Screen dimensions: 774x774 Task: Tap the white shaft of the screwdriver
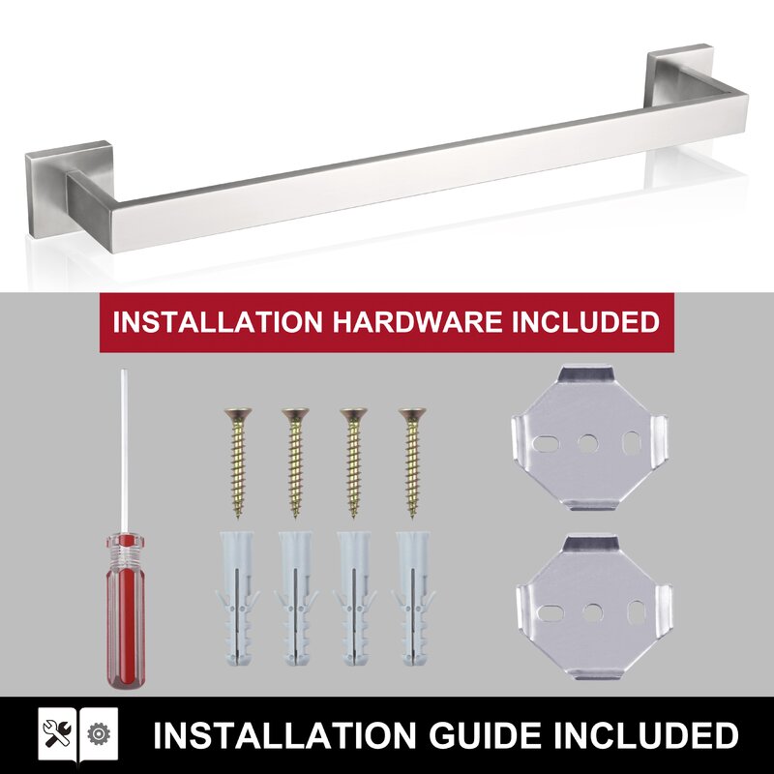click(x=125, y=451)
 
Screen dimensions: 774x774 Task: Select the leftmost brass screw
click(x=238, y=462)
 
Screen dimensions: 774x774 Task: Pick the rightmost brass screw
click(x=413, y=462)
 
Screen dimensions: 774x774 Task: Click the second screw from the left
click(x=296, y=462)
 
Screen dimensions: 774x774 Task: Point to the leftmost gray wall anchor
click(x=237, y=599)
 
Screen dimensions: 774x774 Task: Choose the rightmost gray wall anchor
click(x=413, y=599)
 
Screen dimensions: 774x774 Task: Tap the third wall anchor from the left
click(x=355, y=599)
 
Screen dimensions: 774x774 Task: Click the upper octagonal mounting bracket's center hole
click(x=587, y=443)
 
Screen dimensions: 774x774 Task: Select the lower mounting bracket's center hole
click(x=592, y=612)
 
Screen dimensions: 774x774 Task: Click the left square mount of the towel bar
click(x=69, y=193)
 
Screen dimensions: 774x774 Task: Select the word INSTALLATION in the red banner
click(x=218, y=322)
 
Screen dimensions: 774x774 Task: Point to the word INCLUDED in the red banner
click(x=585, y=322)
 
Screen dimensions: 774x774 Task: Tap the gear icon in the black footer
click(x=99, y=734)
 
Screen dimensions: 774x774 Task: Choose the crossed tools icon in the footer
click(x=57, y=733)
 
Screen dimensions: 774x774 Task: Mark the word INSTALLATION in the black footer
click(x=283, y=735)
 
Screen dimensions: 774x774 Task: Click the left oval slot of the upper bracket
click(x=546, y=443)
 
